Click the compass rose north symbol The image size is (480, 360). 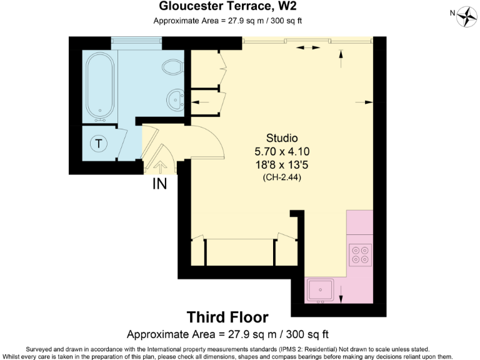coord(466,15)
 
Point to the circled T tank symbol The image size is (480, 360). coord(98,144)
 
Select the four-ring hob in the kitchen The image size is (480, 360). coord(361,253)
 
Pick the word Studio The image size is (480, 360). coord(282,138)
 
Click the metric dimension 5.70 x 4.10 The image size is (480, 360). coord(282,151)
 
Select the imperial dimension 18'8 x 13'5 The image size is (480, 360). coord(282,164)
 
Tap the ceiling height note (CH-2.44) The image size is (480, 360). coord(282,177)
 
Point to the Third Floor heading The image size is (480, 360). coord(227,317)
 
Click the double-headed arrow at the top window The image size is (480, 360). coord(305,47)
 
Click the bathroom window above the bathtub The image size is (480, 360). coord(136,41)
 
